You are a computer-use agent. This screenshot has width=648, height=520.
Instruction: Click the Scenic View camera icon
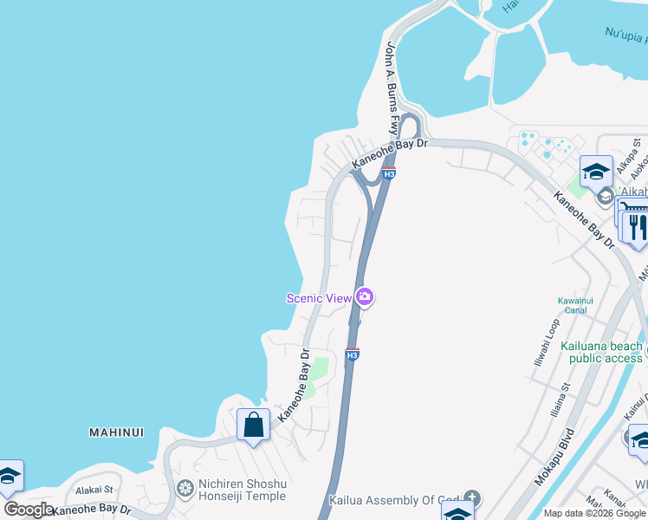(x=365, y=298)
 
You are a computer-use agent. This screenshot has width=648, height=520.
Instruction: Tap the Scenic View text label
(x=319, y=298)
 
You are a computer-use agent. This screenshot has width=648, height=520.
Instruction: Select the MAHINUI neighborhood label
(x=116, y=432)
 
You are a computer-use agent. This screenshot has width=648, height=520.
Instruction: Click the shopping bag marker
(x=253, y=425)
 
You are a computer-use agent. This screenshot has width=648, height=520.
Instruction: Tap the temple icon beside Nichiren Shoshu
(x=185, y=489)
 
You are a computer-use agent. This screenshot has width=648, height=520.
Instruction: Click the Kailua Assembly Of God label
(x=393, y=500)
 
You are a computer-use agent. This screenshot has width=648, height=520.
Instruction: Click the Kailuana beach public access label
(x=601, y=352)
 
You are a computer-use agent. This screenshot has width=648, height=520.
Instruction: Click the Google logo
(x=29, y=510)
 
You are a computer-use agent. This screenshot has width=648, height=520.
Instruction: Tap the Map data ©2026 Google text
(x=594, y=513)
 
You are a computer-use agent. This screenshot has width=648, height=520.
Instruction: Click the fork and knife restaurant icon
(x=637, y=227)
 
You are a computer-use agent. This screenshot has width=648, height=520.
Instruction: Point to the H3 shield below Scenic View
(x=352, y=354)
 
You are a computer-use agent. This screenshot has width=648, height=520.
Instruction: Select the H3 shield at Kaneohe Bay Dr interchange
(x=389, y=173)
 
